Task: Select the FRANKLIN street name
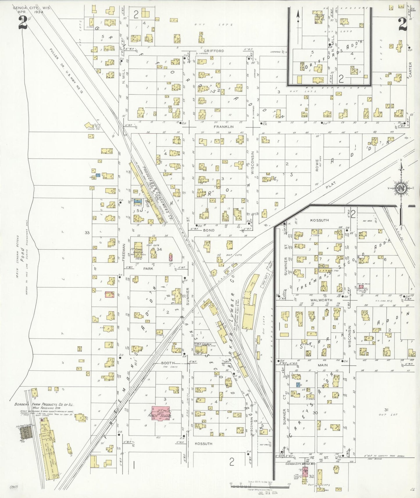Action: coord(224,127)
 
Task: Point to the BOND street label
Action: coord(209,230)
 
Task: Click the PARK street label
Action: coord(148,269)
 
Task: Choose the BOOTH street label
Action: coord(168,363)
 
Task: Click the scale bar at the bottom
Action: coord(260,486)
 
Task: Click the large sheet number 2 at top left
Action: coord(23,23)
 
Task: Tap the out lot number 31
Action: coord(386,410)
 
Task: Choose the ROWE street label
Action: coord(317,165)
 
